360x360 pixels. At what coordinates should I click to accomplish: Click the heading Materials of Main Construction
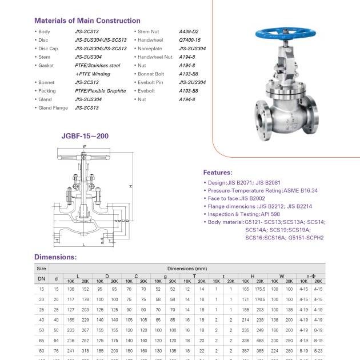[x=87, y=21]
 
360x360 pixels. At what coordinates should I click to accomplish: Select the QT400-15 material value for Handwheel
[x=189, y=40]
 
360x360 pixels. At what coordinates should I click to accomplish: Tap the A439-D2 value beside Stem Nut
[x=189, y=31]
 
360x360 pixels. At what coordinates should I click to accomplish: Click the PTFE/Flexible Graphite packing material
[x=100, y=91]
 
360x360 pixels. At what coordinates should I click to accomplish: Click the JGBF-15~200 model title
[x=85, y=136]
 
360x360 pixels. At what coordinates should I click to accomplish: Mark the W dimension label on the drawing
[x=84, y=146]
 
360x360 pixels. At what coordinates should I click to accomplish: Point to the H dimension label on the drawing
[x=131, y=186]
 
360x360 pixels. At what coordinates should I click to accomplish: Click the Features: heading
[x=218, y=172]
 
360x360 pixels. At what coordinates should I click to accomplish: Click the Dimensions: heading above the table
[x=55, y=257]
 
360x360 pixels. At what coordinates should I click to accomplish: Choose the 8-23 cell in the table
[x=318, y=350]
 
